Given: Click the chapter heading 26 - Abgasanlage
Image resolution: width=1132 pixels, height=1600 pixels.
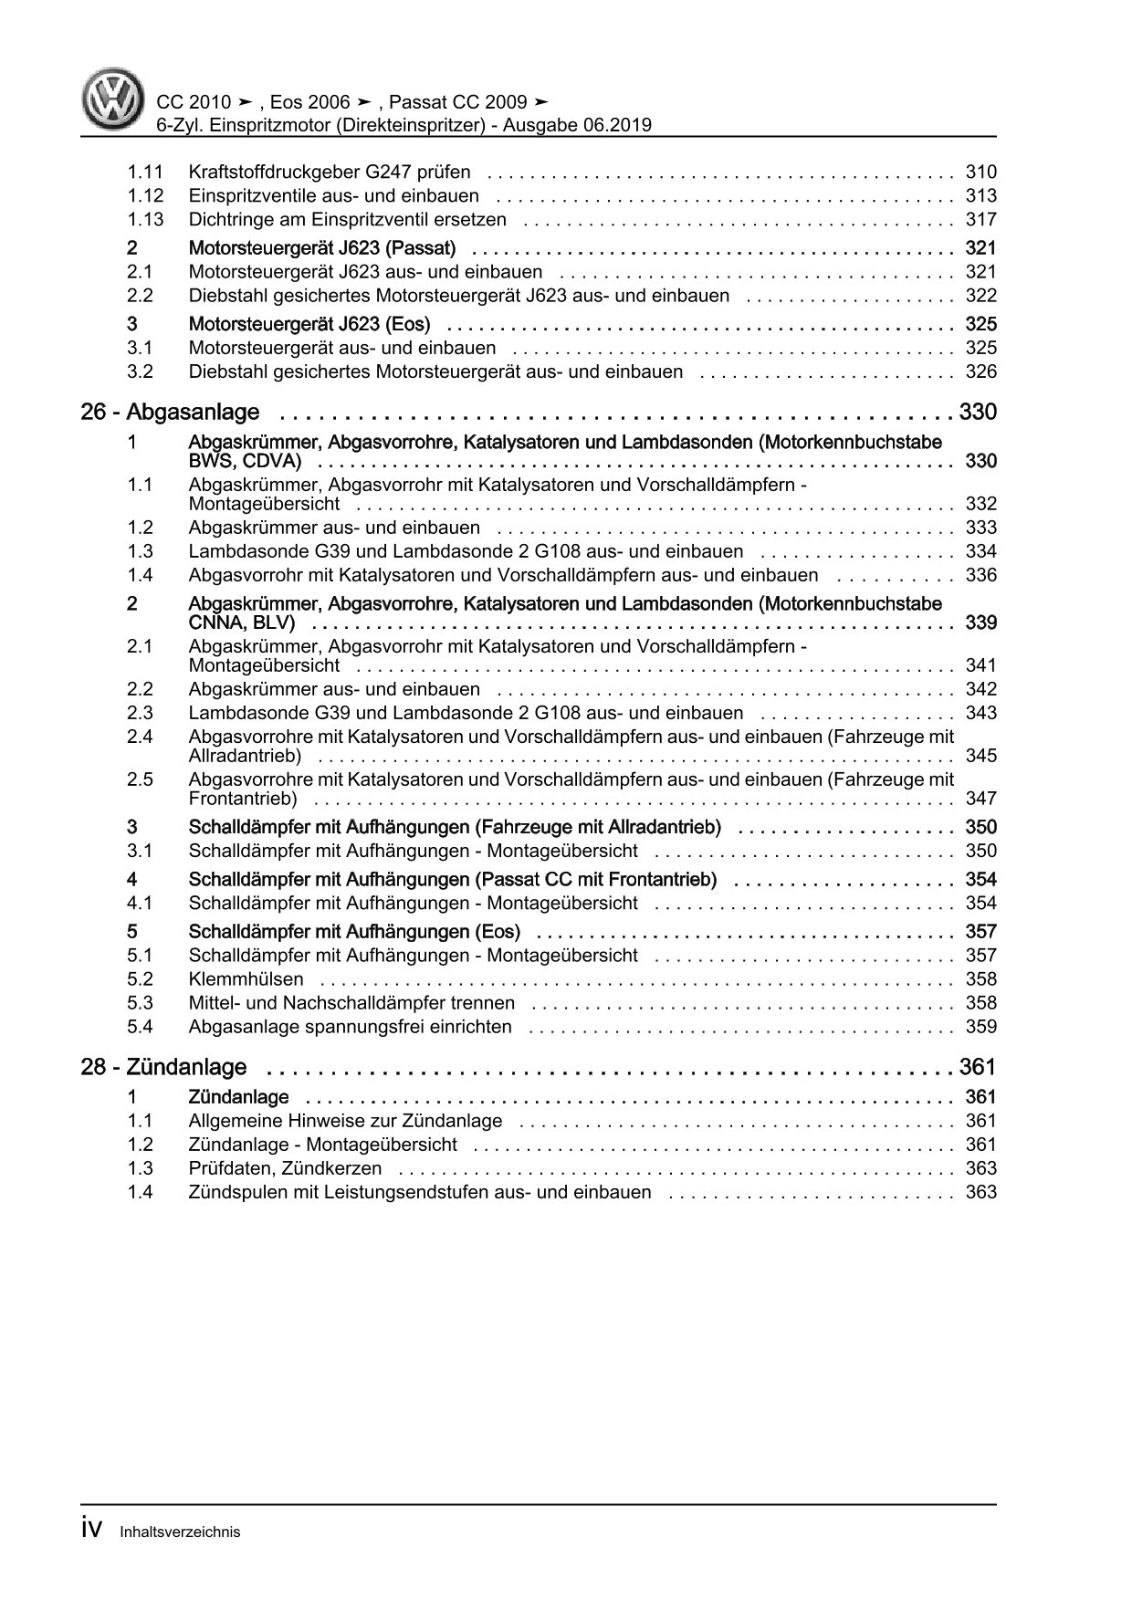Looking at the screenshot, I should click(170, 413).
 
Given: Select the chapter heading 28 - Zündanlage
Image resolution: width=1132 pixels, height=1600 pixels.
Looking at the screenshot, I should click(163, 1067).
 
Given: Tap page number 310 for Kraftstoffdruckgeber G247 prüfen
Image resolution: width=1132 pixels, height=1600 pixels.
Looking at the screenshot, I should click(980, 172).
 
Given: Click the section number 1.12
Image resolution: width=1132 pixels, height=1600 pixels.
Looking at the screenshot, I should click(145, 195).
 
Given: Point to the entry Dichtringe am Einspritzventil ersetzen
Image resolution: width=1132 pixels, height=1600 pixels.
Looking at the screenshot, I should click(348, 219).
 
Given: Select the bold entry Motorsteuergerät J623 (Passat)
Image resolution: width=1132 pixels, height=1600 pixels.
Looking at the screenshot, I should click(321, 248).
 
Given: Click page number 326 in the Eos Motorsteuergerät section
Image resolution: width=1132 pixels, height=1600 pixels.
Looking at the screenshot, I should click(980, 371).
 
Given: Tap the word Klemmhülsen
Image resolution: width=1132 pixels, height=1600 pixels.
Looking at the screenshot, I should click(246, 979).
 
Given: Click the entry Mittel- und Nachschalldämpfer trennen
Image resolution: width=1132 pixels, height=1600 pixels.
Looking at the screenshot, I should click(351, 1003).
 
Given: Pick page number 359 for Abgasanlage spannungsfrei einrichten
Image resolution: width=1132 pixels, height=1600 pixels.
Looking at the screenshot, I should click(980, 1027).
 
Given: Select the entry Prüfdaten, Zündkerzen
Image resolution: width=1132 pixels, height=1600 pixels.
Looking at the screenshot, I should click(285, 1168).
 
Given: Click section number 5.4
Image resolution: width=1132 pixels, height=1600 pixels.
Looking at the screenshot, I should click(140, 1027).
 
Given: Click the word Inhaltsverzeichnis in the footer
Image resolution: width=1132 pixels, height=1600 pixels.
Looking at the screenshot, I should click(180, 1532).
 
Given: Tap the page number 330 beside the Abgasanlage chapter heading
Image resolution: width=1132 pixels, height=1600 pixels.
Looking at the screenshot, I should click(977, 413).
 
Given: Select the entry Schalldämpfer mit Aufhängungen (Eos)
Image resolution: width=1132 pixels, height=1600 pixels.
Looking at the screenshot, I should click(354, 932).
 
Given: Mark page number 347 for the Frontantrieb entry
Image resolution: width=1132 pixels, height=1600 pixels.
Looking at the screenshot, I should click(980, 799).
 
